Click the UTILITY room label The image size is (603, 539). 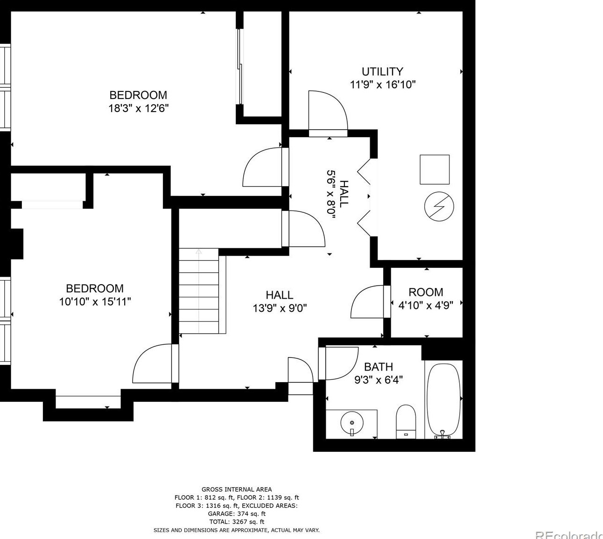(382, 72)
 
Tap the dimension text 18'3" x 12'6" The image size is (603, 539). (139, 108)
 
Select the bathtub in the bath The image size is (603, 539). (443, 401)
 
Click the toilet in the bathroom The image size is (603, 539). (406, 421)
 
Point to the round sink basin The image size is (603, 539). (352, 423)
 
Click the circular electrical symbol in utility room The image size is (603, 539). (439, 207)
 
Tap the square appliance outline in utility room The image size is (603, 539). (435, 169)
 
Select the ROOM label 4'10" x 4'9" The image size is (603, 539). (426, 299)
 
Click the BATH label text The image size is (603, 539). (379, 367)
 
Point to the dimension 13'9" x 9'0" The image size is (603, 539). (280, 308)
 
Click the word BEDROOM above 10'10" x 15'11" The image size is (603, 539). (95, 288)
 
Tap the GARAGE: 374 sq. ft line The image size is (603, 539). (237, 513)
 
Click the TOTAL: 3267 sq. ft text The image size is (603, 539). (237, 521)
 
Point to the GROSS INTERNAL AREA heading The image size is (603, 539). (237, 489)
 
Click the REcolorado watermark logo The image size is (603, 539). (569, 534)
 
